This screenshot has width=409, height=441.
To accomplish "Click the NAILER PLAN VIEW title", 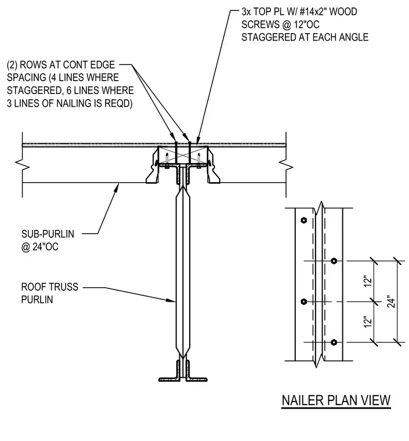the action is (336, 400).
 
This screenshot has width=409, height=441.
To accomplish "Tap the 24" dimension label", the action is (391, 302).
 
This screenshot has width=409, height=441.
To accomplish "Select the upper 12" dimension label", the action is (368, 281).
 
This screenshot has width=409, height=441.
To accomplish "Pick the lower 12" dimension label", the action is (368, 322).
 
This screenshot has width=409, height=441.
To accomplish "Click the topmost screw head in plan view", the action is (303, 220).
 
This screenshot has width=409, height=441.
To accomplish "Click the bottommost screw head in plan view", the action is (334, 342).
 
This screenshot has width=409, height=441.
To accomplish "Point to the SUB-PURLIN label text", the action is (48, 234).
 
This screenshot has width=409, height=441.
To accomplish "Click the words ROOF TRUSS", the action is (50, 287).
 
